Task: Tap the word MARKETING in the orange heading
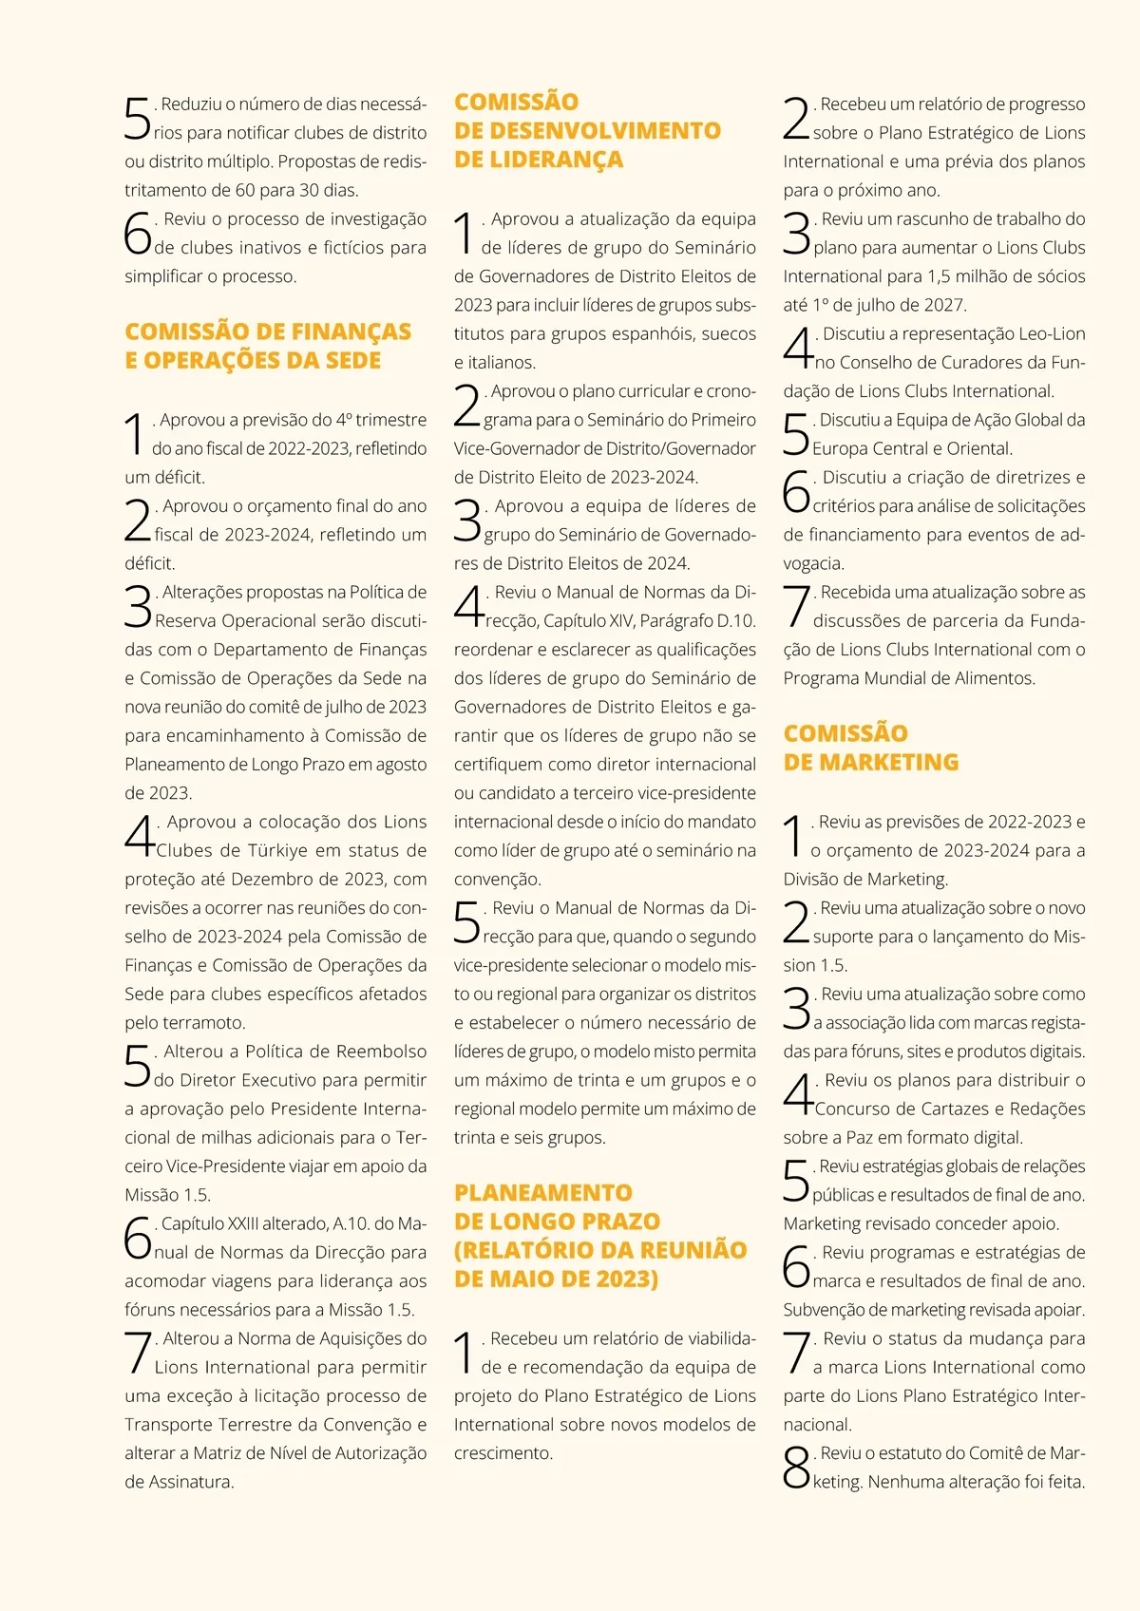coord(888,762)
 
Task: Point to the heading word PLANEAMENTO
coord(542,1193)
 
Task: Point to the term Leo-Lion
coord(1051,333)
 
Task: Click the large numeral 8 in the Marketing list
coord(796,1468)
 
